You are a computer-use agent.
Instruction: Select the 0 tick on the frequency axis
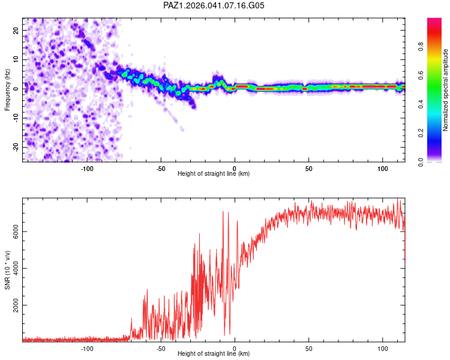pyautogui.click(x=16, y=88)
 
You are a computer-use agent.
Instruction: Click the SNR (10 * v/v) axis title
pyautogui.click(x=7, y=270)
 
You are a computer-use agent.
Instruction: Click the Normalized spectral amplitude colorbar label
pyautogui.click(x=445, y=90)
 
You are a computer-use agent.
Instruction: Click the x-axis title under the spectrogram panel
pyautogui.click(x=214, y=173)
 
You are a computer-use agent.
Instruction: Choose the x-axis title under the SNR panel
pyautogui.click(x=214, y=353)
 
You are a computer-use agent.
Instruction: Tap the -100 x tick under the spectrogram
pyautogui.click(x=88, y=168)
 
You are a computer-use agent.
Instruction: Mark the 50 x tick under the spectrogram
pyautogui.click(x=308, y=168)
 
